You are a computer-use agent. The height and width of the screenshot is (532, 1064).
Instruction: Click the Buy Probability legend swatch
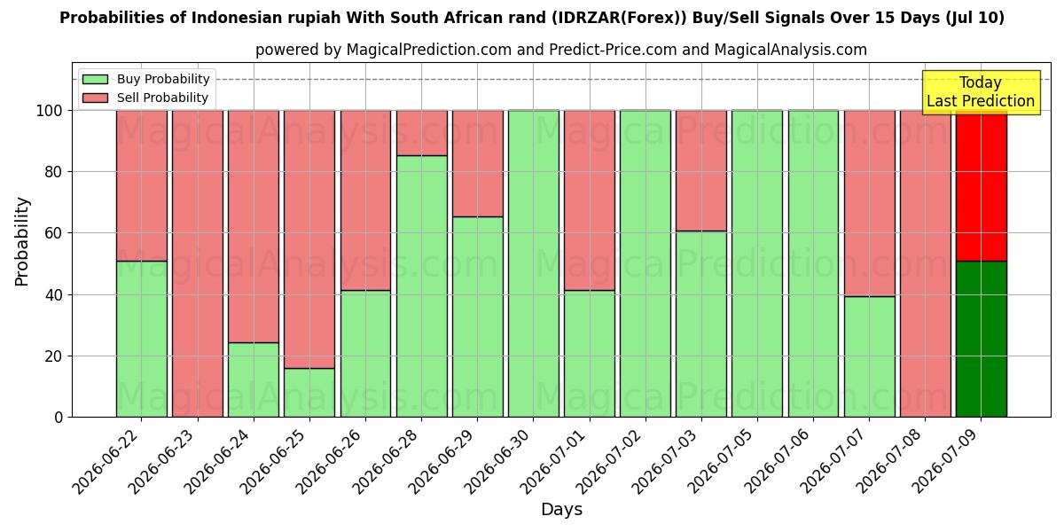click(95, 79)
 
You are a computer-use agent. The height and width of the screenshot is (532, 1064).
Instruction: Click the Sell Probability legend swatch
click(95, 98)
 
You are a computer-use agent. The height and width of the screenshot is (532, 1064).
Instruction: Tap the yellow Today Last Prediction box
click(981, 92)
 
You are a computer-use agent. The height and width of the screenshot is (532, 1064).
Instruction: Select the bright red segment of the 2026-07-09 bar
click(982, 185)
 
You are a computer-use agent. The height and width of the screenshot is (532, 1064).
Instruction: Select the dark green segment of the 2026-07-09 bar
click(982, 339)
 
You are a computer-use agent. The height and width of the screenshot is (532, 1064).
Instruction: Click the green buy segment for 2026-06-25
click(309, 393)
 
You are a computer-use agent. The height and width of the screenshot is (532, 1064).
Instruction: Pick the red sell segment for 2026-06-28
click(422, 133)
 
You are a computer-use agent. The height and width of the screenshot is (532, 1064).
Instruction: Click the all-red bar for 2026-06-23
click(198, 263)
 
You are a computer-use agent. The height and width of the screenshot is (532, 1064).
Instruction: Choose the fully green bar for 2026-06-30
click(534, 263)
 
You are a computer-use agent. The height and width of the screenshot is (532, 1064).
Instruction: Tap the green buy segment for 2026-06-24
click(254, 380)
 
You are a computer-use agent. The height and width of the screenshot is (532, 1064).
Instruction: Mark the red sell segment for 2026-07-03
click(701, 171)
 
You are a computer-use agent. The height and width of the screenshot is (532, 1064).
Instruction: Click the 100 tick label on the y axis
click(50, 111)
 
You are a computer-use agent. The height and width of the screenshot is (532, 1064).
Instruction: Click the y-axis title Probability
click(22, 242)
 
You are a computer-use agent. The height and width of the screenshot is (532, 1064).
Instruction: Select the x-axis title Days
click(561, 510)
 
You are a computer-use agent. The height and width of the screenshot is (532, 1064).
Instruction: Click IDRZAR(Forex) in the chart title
click(620, 18)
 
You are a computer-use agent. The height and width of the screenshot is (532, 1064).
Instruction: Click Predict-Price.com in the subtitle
click(614, 50)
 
